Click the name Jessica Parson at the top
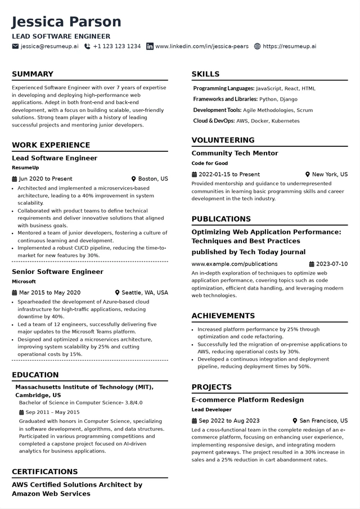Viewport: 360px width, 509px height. tap(66, 22)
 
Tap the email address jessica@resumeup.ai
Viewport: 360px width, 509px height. tap(49, 46)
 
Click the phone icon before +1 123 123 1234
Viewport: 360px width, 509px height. tap(87, 46)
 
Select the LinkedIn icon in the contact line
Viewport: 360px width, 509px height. tap(150, 46)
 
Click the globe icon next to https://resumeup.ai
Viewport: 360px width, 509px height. tap(258, 46)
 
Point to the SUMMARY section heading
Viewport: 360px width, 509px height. tap(33, 74)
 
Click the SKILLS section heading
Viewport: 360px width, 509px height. tap(205, 74)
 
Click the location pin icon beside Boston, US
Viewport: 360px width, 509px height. tap(134, 179)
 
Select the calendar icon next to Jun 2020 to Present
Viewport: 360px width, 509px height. tap(15, 179)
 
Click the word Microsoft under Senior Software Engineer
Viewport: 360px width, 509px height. tap(24, 281)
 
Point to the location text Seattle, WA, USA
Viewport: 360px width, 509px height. tap(145, 292)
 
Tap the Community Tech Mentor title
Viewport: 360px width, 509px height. tap(235, 153)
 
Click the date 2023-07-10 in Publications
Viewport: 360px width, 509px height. tap(332, 264)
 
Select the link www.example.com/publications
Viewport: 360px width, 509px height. tap(234, 264)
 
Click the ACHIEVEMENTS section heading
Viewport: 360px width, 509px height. tap(223, 316)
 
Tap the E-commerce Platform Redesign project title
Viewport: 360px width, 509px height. tap(247, 400)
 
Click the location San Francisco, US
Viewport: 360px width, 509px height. tap(323, 421)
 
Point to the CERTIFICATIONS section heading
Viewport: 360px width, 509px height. tap(44, 471)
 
